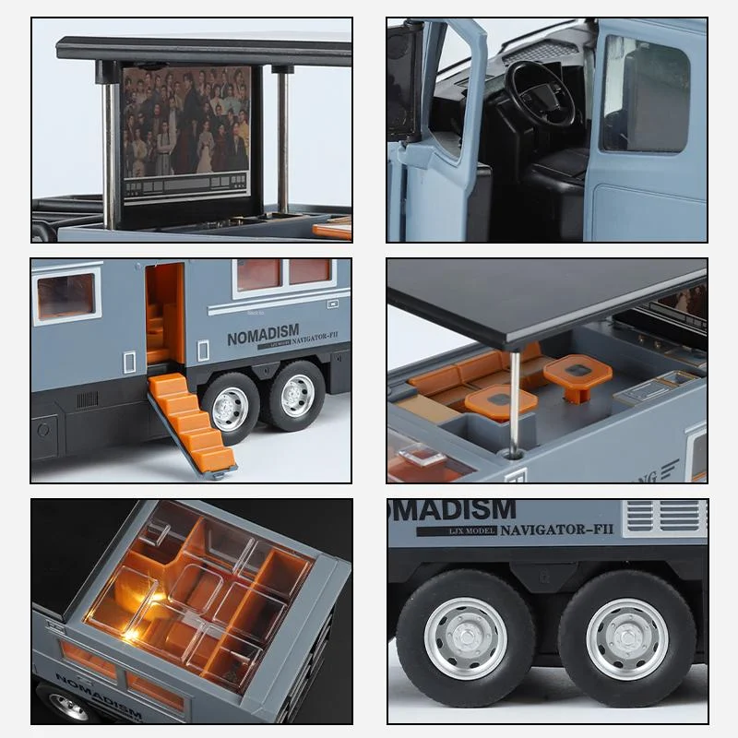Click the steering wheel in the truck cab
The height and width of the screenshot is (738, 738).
540,92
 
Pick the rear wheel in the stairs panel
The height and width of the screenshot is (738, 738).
296,395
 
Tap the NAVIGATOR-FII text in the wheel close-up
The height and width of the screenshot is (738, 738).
557,530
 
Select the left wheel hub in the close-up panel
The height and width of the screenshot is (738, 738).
465,637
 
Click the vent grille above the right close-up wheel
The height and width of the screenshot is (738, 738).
663,518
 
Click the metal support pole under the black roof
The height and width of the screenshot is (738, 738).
513,397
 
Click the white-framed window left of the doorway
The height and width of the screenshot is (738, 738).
65,295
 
